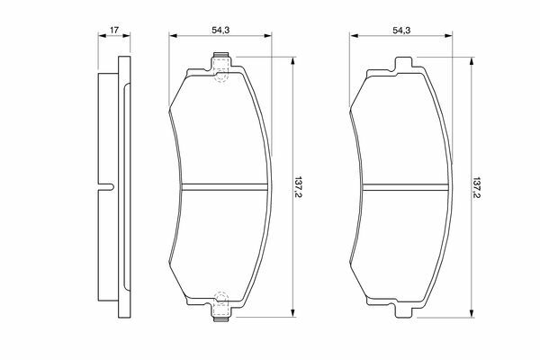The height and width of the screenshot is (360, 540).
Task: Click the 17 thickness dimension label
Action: pyautogui.click(x=114, y=30)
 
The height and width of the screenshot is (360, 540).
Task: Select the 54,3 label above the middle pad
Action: pyautogui.click(x=220, y=31)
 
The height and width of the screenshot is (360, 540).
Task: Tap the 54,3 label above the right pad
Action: pyautogui.click(x=401, y=31)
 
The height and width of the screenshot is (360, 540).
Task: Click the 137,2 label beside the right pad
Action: pyautogui.click(x=477, y=188)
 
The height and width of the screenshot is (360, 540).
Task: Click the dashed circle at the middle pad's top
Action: pyautogui.click(x=221, y=76)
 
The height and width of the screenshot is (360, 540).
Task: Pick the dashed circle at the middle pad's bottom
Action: pyautogui.click(x=221, y=298)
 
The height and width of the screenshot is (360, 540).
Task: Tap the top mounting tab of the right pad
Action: pyautogui.click(x=403, y=64)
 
